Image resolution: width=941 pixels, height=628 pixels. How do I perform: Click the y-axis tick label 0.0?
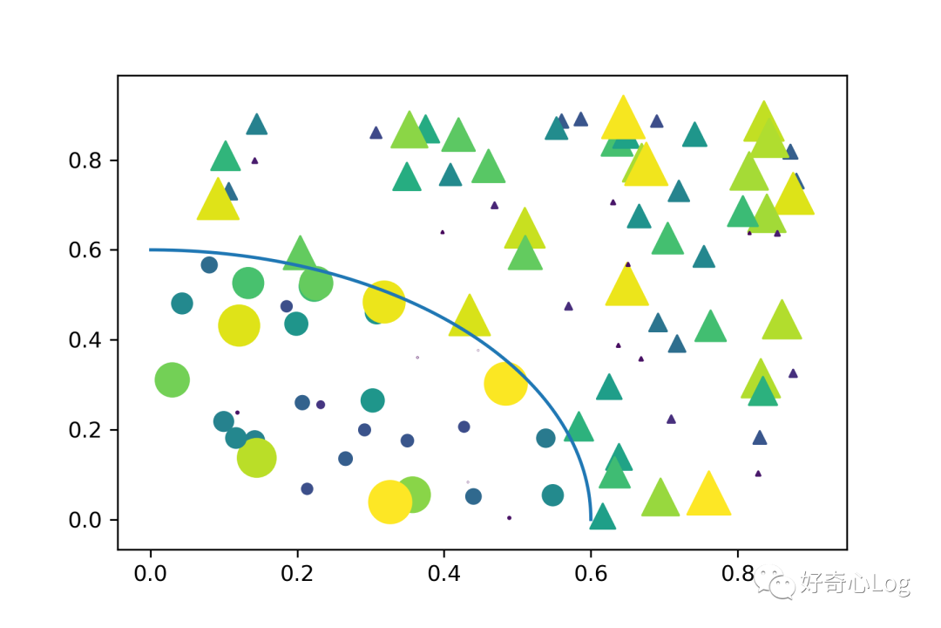point(86,520)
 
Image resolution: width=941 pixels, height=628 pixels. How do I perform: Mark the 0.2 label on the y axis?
point(86,430)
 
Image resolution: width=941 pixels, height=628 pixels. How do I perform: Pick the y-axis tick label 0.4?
point(86,340)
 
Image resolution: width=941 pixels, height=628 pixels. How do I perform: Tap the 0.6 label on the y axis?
point(86,250)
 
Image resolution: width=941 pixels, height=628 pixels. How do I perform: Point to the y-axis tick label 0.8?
point(86,160)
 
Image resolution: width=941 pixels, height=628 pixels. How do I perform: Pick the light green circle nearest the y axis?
point(173,380)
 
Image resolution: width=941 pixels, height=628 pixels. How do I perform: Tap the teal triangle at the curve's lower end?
point(602,517)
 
